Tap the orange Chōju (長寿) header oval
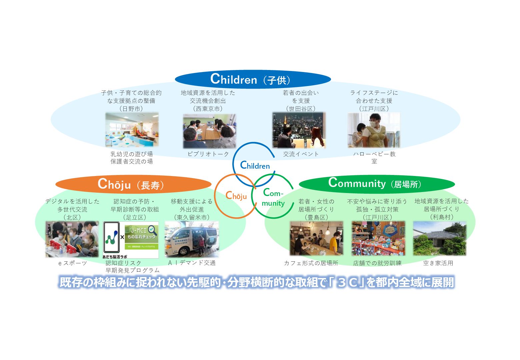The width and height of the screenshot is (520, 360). click(133, 184)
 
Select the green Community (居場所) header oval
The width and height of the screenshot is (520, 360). click(377, 184)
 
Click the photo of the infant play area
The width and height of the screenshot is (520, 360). click(132, 130)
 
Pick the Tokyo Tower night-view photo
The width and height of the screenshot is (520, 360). click(299, 130)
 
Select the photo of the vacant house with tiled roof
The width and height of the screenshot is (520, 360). click(439, 238)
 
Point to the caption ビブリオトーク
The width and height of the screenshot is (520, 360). click(208, 154)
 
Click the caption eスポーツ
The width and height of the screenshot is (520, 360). click(72, 263)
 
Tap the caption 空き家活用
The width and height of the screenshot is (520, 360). click(438, 263)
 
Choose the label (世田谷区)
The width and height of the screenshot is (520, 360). click(301, 109)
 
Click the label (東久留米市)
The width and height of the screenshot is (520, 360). click(192, 217)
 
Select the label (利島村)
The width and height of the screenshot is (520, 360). click(441, 217)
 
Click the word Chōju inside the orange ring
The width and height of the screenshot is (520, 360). click(236, 196)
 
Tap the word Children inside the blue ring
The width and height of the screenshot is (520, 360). click(255, 165)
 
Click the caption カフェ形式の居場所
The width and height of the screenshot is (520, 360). click(311, 263)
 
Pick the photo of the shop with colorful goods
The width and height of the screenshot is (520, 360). click(378, 238)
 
